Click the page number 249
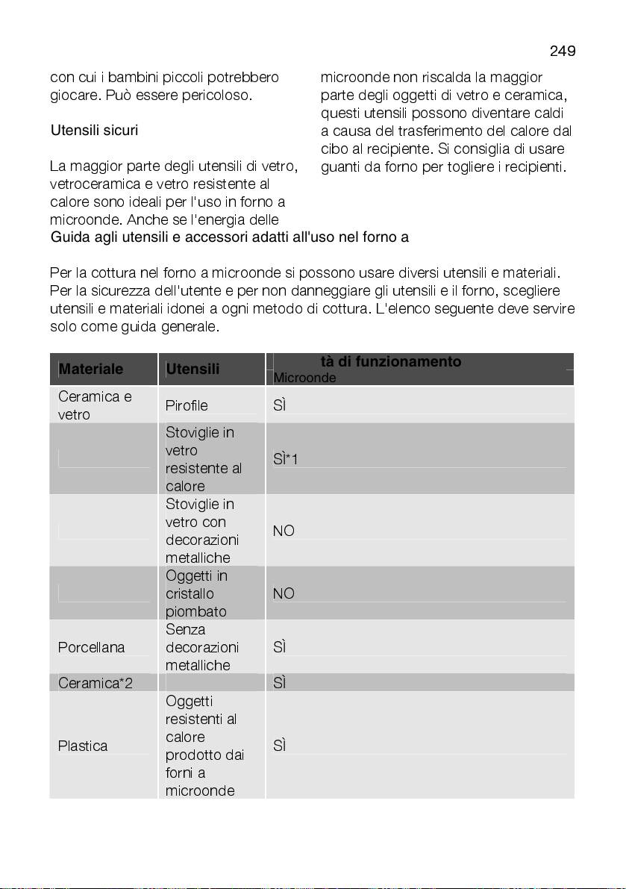click(x=563, y=52)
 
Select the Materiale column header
click(x=91, y=369)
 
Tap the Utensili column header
click(x=193, y=369)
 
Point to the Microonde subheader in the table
click(x=304, y=378)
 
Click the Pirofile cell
click(x=187, y=405)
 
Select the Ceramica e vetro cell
click(x=95, y=405)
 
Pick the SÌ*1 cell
click(x=286, y=459)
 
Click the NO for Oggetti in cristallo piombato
click(x=284, y=593)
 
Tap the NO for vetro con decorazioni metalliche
click(x=284, y=531)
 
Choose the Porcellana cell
click(x=92, y=647)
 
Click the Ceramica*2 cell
click(x=96, y=683)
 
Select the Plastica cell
click(x=83, y=746)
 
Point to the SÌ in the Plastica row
click(x=281, y=746)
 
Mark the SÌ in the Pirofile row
click(x=281, y=405)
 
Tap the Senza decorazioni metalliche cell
click(x=201, y=647)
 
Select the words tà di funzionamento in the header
click(x=391, y=362)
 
